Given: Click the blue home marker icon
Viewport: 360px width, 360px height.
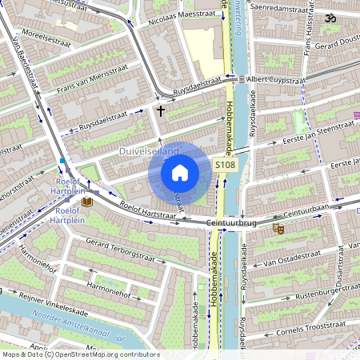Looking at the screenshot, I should [x=180, y=173].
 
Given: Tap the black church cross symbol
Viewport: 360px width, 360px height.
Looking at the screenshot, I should [x=161, y=110].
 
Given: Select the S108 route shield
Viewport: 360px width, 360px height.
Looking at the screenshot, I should [x=225, y=164].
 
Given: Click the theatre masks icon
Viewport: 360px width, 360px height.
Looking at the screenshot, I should [x=279, y=229].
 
